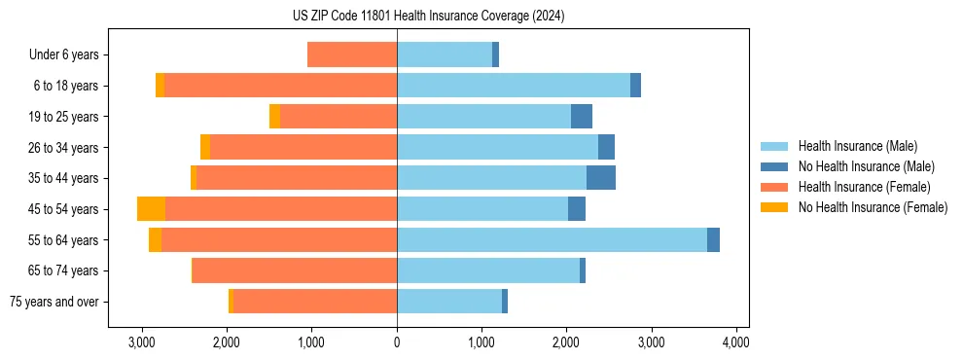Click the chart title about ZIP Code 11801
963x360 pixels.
click(428, 17)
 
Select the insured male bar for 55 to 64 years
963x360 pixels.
click(552, 240)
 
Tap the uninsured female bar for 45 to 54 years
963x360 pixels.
click(151, 209)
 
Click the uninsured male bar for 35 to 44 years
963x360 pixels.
click(601, 178)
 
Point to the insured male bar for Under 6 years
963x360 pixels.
click(445, 54)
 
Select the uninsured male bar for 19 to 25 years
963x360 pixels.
click(582, 117)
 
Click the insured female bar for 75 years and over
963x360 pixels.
click(315, 302)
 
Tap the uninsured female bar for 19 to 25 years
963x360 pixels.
click(274, 117)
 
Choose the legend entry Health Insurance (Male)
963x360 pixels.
click(857, 146)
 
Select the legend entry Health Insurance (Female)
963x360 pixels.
click(864, 187)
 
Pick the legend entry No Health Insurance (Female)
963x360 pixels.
click(873, 207)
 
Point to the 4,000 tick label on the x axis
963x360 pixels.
click(735, 342)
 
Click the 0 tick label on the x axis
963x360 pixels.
click(397, 342)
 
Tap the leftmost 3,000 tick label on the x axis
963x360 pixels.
click(142, 342)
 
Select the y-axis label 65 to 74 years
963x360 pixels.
click(65, 270)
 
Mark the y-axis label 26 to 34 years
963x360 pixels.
click(65, 148)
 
